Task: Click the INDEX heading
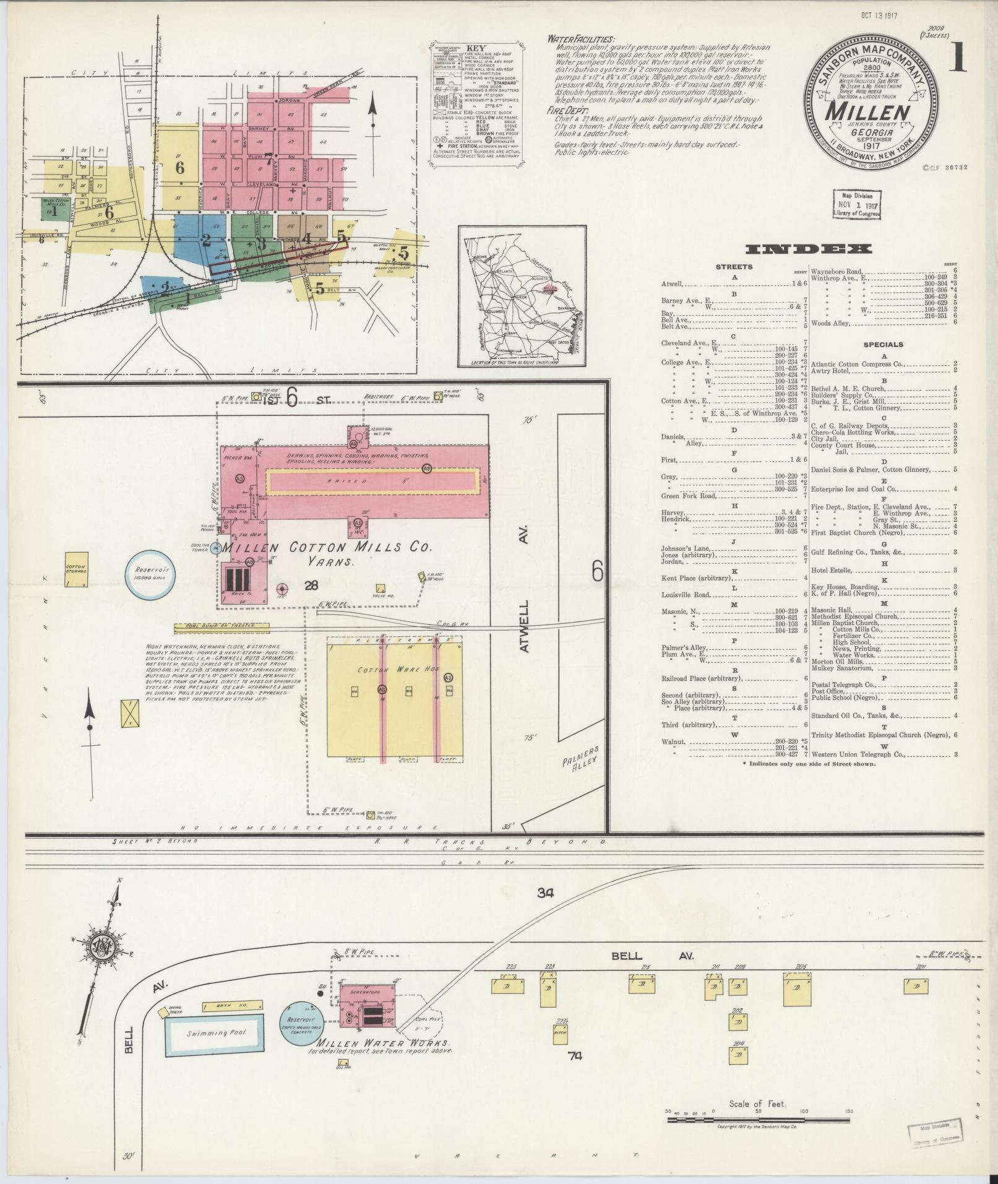point(809,249)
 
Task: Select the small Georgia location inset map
point(521,296)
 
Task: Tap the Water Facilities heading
point(580,40)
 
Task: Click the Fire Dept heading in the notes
point(564,110)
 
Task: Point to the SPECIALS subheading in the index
point(884,345)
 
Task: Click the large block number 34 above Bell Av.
point(544,892)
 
